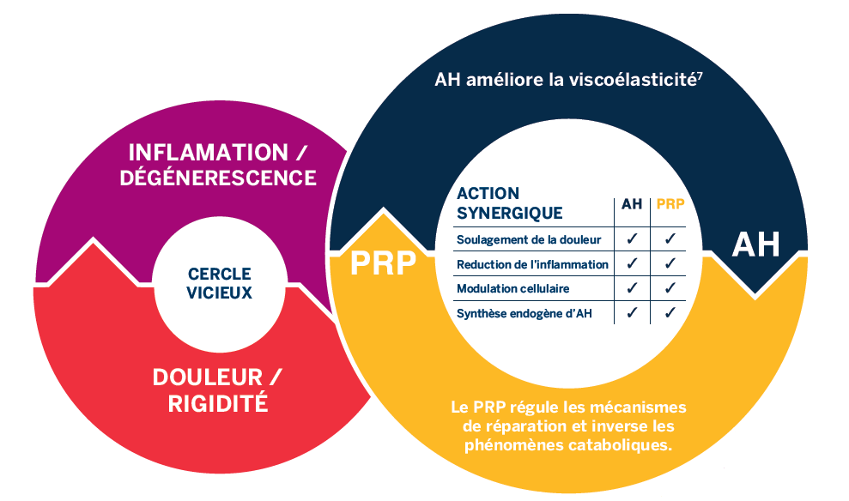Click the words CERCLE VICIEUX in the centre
click(219, 283)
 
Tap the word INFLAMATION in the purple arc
click(209, 153)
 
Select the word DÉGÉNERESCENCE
click(218, 178)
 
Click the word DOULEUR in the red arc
click(208, 377)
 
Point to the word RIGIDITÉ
click(218, 403)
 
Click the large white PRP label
click(384, 263)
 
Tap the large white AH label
click(756, 244)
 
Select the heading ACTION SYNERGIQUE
click(510, 203)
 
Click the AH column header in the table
click(632, 204)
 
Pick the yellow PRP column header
click(670, 204)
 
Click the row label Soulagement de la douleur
click(529, 239)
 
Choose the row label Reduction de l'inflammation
click(533, 264)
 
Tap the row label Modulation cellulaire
click(512, 288)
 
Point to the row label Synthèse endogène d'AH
click(525, 313)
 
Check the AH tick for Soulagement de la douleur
click(632, 238)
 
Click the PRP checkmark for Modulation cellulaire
click(670, 288)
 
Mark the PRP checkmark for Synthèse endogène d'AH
click(670, 312)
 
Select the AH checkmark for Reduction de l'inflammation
click(632, 263)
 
